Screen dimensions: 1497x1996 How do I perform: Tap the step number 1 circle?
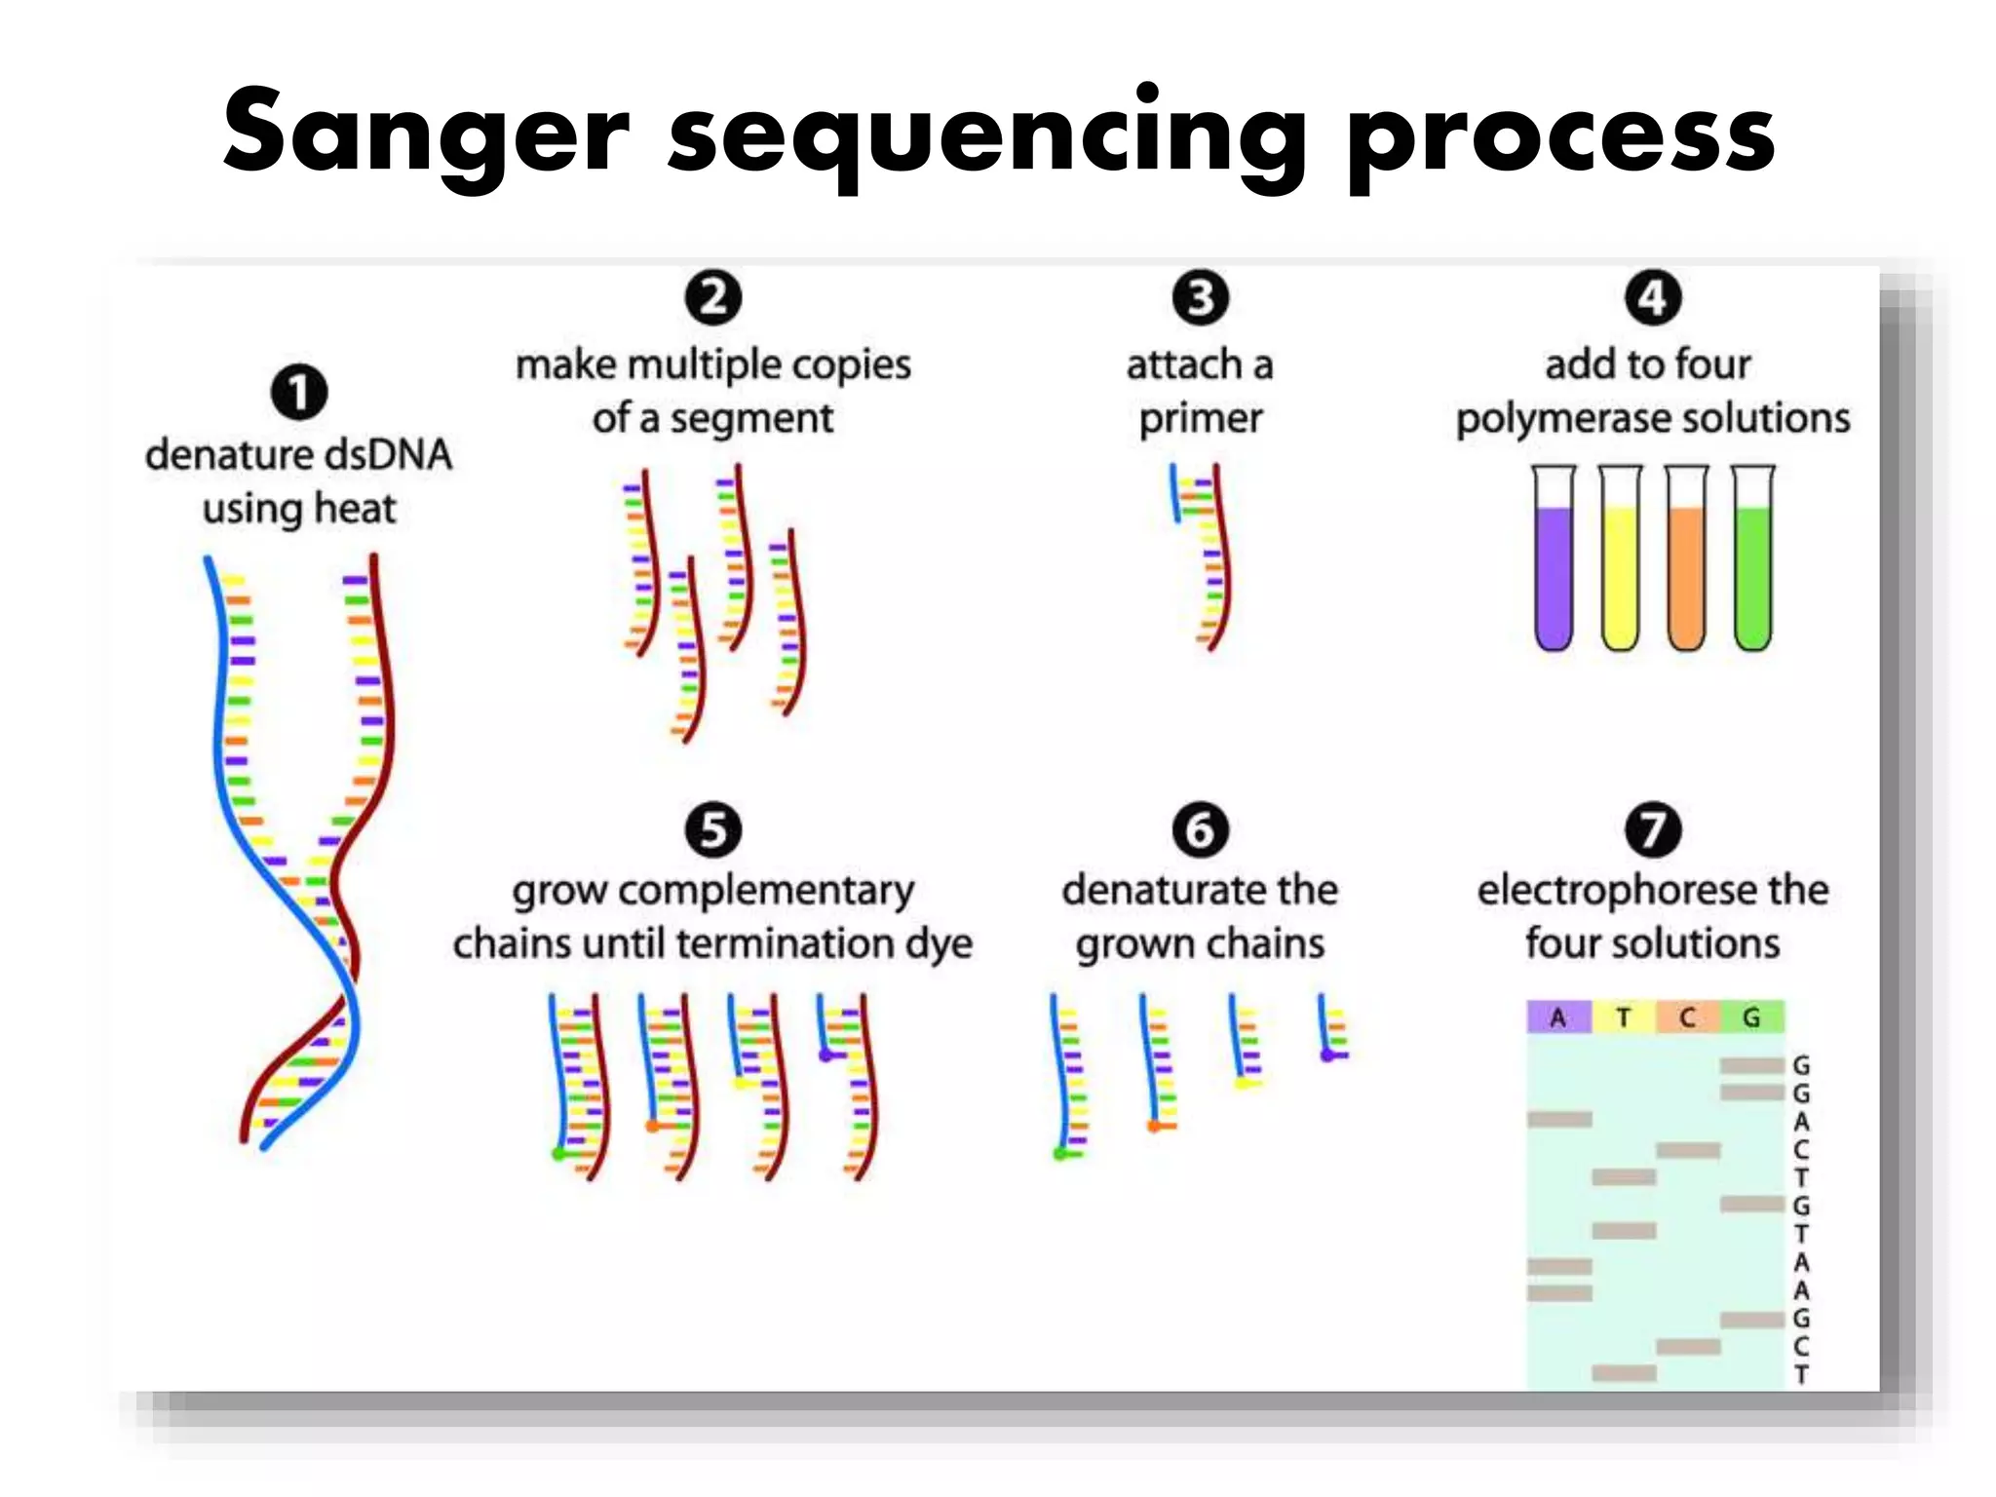coord(298,392)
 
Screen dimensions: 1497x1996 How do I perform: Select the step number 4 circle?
coord(1653,297)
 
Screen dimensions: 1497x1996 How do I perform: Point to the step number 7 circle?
coord(1653,829)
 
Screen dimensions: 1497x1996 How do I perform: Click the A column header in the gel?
coord(1558,1017)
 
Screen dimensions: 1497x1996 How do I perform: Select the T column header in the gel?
coord(1623,1017)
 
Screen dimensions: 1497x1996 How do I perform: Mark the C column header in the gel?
coord(1687,1017)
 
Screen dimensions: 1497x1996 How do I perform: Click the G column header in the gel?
coord(1751,1017)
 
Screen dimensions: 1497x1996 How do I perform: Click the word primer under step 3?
coord(1200,419)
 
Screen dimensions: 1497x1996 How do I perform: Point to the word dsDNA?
coord(388,455)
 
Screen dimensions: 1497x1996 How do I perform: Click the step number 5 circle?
coord(712,829)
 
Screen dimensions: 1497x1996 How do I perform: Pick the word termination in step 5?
coord(797,943)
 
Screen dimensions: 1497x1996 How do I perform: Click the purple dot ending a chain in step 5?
coord(826,1055)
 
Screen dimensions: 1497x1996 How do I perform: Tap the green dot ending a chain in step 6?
coord(1060,1154)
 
